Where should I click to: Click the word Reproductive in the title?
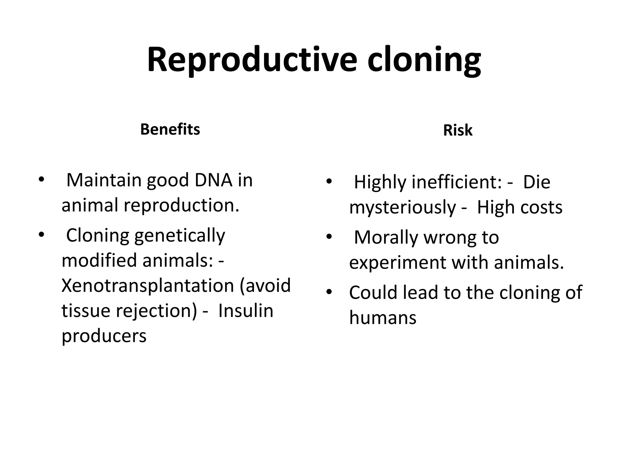tap(252, 60)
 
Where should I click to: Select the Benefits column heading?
tap(170, 129)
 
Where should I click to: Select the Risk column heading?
tap(458, 130)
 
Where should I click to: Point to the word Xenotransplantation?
tap(148, 285)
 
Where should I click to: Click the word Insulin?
tap(246, 311)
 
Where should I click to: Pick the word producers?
tap(104, 336)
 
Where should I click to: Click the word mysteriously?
tap(403, 208)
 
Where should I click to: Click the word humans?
tap(383, 318)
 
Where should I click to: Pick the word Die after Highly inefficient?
tap(536, 182)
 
